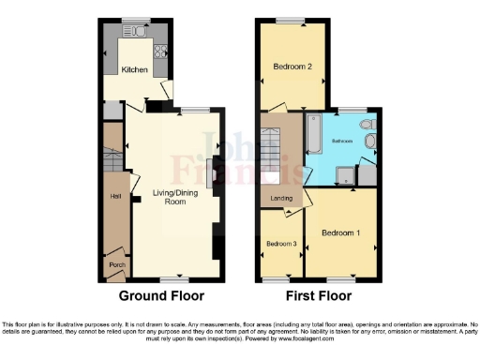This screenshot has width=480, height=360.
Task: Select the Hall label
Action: click(115, 196)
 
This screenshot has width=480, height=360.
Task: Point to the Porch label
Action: click(117, 265)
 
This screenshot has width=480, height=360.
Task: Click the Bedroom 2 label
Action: click(292, 67)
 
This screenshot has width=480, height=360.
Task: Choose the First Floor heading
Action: click(319, 295)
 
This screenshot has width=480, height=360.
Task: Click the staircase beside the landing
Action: click(278, 156)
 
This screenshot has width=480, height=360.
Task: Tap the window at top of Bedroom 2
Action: click(289, 21)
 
